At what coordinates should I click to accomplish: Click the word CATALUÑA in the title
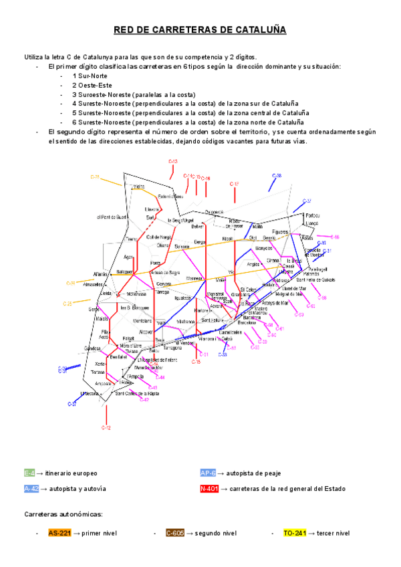[257, 31]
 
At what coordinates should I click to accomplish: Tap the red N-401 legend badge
[210, 489]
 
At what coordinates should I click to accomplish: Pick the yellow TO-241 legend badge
[295, 533]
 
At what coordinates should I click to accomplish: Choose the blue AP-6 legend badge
[208, 473]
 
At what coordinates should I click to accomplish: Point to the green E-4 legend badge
[29, 473]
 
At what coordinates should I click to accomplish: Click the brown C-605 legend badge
[175, 533]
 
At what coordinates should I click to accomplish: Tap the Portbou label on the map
[312, 215]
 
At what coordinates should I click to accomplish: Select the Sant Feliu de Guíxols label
[316, 279]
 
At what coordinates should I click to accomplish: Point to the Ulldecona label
[89, 394]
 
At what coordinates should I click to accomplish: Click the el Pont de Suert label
[112, 217]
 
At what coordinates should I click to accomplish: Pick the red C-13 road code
[172, 162]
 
